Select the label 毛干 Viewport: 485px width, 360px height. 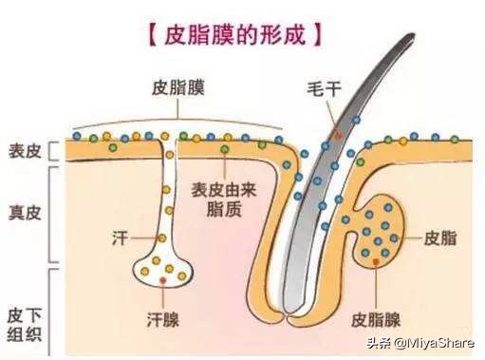coord(316,87)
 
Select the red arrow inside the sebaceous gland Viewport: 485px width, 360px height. coord(380,259)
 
